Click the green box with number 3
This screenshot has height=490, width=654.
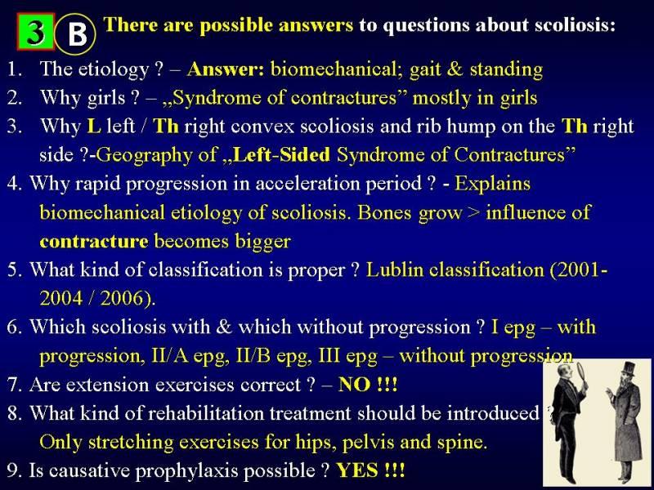[36, 32]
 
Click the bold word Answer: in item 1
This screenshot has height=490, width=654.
[226, 69]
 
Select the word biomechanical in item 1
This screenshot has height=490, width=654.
[337, 69]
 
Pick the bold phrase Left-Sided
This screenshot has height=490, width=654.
[282, 154]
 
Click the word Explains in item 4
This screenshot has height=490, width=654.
[492, 185]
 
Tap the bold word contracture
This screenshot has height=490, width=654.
[94, 242]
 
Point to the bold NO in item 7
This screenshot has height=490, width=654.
[354, 385]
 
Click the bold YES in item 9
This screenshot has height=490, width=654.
[357, 471]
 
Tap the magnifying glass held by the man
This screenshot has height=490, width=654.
[580, 376]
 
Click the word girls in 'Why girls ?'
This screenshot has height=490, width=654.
[106, 98]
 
